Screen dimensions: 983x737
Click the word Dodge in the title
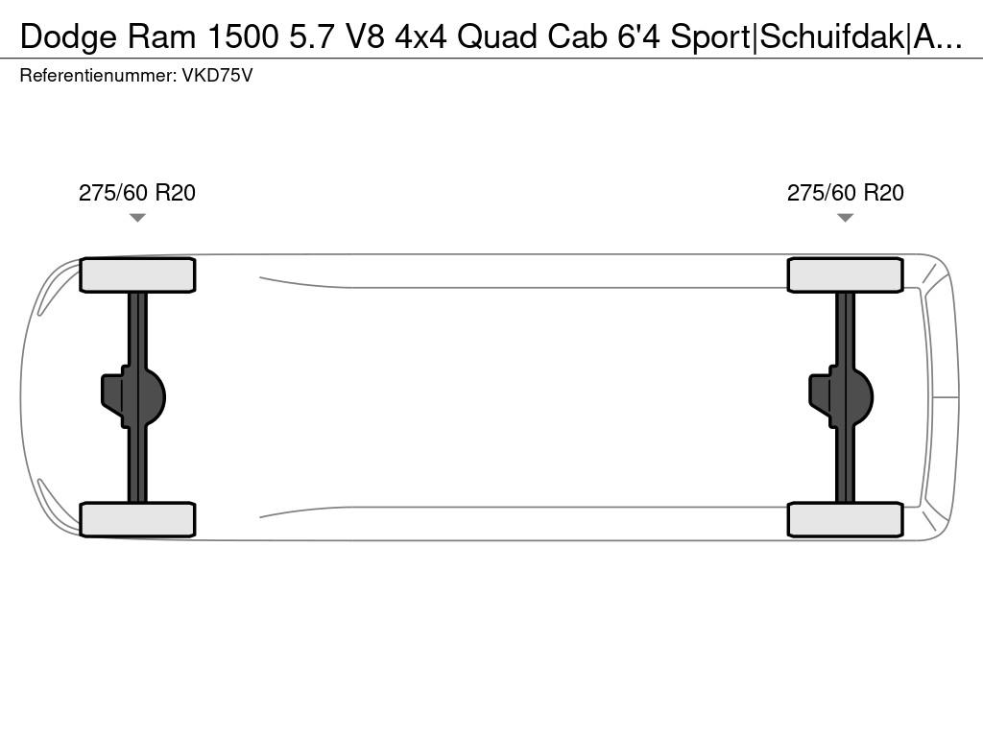(x=68, y=37)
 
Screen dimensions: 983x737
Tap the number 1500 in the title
(x=243, y=37)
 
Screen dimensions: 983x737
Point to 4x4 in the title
(x=420, y=37)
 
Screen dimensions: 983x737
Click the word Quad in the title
(x=497, y=37)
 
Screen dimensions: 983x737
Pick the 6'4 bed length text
(x=638, y=37)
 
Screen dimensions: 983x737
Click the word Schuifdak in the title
(x=832, y=37)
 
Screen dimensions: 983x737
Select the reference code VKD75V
(x=217, y=76)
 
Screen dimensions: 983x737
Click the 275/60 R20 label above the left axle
(x=136, y=192)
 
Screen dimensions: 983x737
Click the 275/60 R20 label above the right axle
(x=845, y=192)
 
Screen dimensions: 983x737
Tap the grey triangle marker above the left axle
(x=137, y=218)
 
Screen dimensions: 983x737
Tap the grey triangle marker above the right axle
(x=845, y=218)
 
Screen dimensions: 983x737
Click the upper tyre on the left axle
(x=137, y=275)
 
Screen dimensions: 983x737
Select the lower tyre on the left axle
(x=137, y=519)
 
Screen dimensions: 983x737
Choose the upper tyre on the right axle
(x=845, y=275)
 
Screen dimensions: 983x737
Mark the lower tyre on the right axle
(x=845, y=519)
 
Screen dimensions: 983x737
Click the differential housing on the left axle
(x=132, y=396)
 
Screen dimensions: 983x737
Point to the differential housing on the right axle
(x=841, y=396)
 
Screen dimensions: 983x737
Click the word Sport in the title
(x=710, y=37)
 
